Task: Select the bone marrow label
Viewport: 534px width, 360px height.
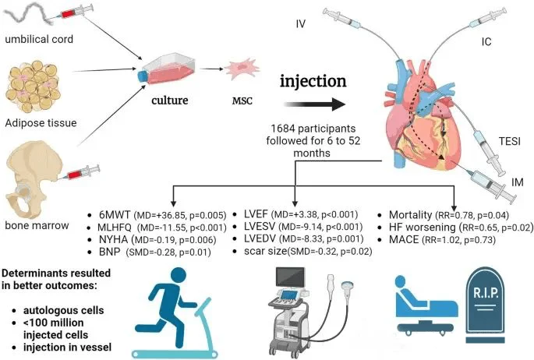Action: tap(34, 224)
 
